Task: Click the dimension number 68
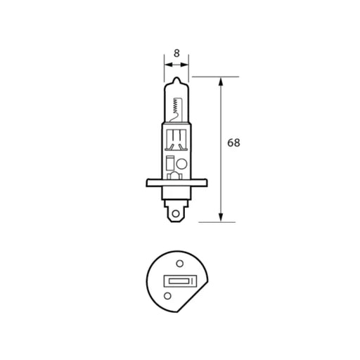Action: click(x=234, y=143)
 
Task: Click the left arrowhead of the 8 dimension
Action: click(x=167, y=63)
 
